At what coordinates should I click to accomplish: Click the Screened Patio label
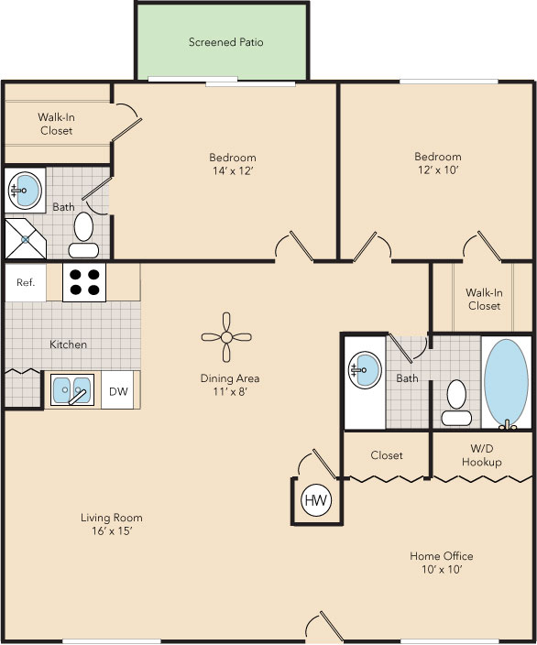click(226, 42)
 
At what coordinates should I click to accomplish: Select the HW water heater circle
click(316, 500)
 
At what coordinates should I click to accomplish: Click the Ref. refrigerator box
click(26, 282)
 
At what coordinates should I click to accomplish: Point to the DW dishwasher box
click(119, 391)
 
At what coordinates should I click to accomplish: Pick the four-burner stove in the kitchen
click(84, 282)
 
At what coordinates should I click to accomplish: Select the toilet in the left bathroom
click(83, 235)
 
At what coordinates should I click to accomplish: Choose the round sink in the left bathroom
click(25, 191)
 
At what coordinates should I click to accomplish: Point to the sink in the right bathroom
click(362, 371)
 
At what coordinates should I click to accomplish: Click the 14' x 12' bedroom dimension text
click(232, 170)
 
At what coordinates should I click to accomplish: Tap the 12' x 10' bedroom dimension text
click(437, 170)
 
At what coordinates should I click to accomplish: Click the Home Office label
click(442, 556)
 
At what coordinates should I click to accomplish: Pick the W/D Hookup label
click(481, 455)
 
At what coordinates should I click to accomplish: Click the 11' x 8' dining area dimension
click(230, 392)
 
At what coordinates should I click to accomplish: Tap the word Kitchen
click(69, 344)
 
